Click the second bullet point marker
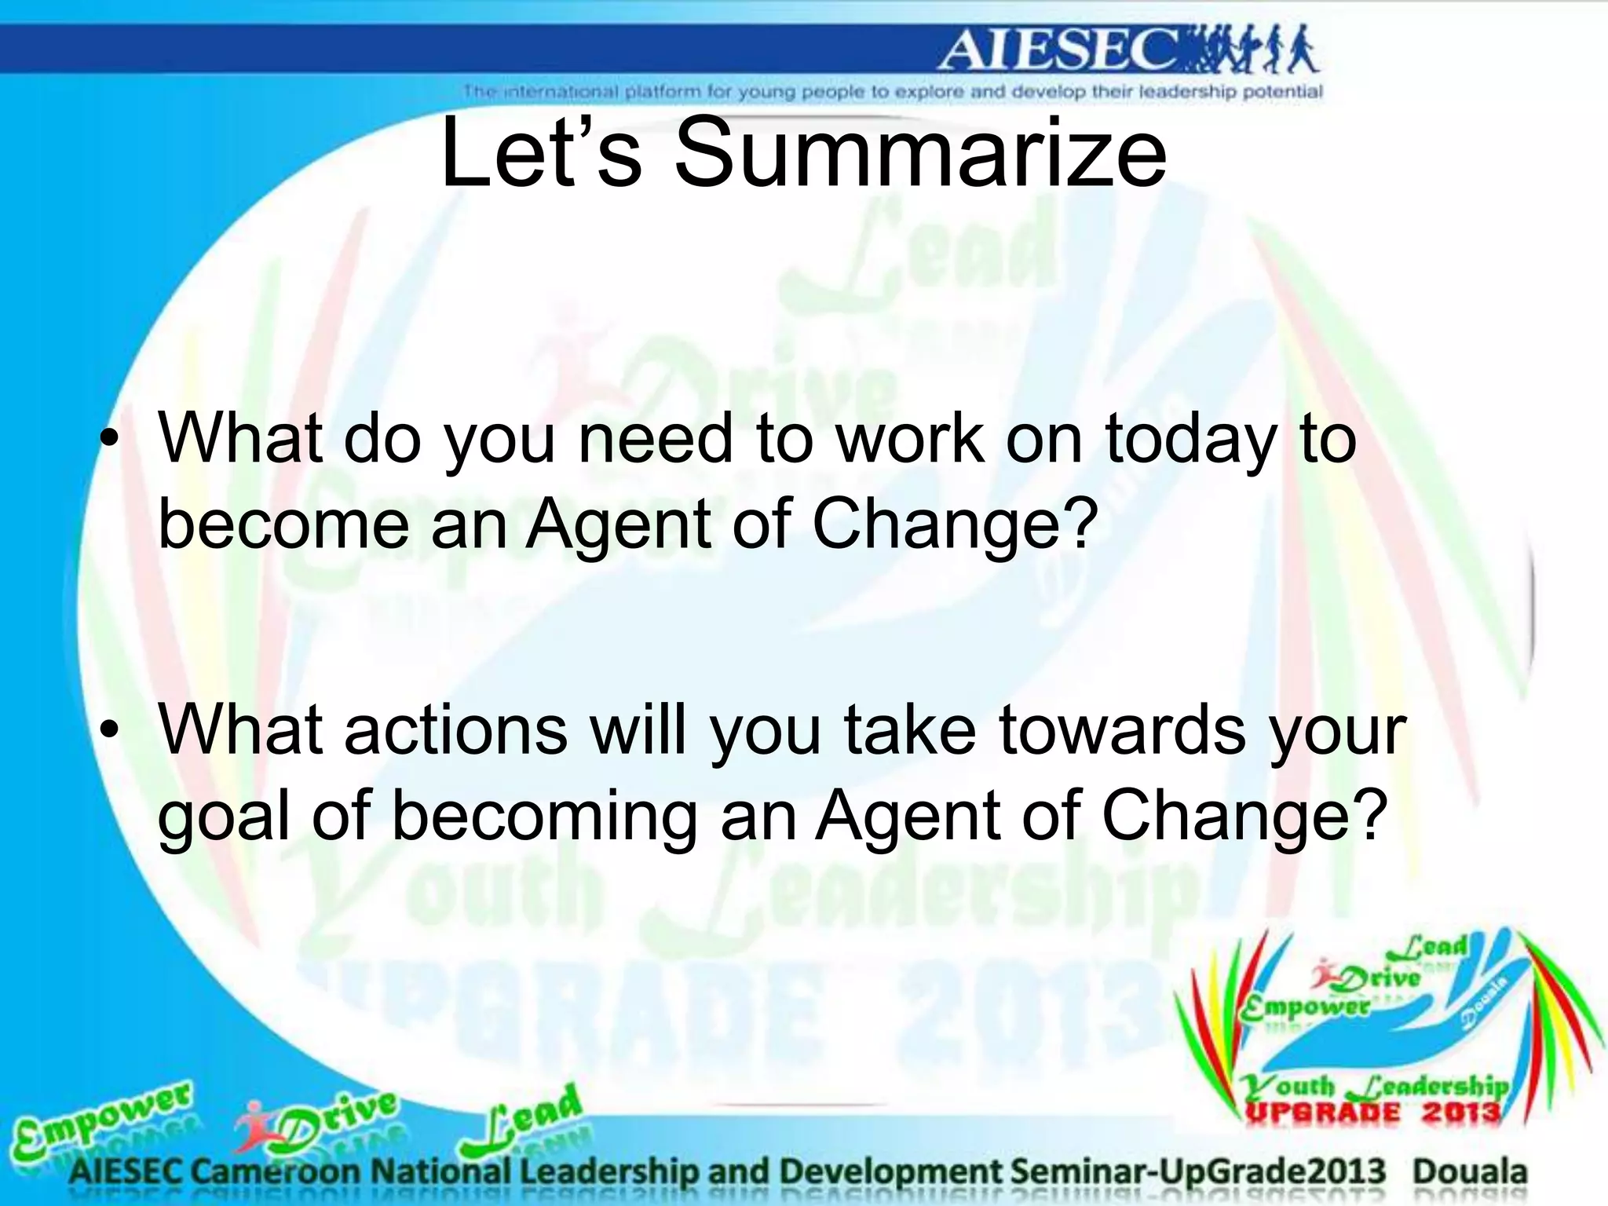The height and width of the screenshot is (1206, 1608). pos(111,731)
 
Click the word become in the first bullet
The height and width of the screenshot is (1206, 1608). pos(283,524)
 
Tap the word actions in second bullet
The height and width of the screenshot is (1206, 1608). pos(455,729)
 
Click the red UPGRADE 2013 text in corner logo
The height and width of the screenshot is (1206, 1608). pos(1372,1113)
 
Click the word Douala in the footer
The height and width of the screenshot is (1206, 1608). pos(1470,1171)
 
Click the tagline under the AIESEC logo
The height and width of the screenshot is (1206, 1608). pos(893,92)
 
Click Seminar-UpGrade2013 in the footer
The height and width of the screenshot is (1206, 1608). pos(1198,1171)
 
